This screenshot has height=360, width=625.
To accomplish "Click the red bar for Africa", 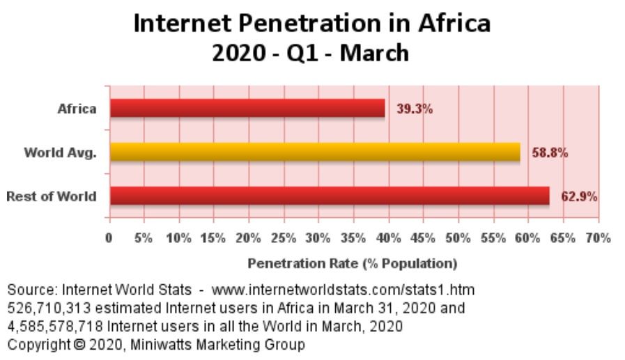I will pyautogui.click(x=247, y=109).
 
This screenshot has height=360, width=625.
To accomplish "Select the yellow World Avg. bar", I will pyautogui.click(x=315, y=152).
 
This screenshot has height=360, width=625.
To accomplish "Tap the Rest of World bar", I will pyautogui.click(x=330, y=196).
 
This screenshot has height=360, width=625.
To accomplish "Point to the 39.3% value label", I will pyautogui.click(x=415, y=109).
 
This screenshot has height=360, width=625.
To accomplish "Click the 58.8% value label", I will pyautogui.click(x=550, y=152).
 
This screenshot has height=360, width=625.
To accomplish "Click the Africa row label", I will pyautogui.click(x=77, y=109).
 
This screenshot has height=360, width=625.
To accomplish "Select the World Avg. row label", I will pyautogui.click(x=60, y=152).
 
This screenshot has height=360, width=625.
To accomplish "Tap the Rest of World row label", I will pyautogui.click(x=52, y=196).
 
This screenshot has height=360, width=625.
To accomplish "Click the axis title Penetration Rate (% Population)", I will pyautogui.click(x=353, y=264).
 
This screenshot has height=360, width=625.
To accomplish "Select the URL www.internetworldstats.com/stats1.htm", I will pyautogui.click(x=343, y=288).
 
